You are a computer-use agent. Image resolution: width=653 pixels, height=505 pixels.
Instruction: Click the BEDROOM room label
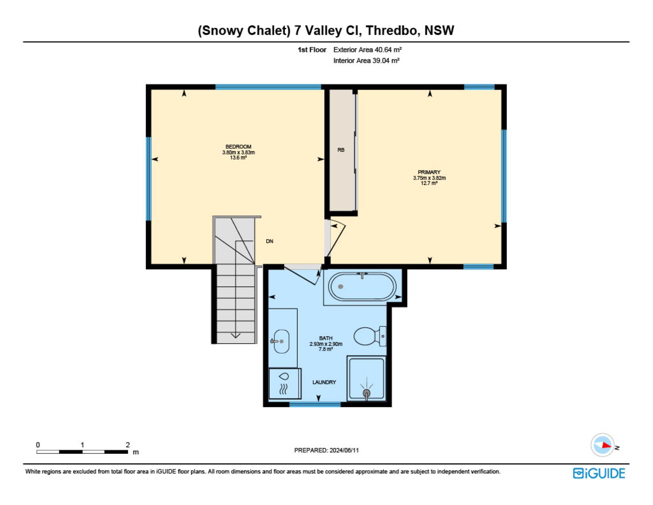[x=238, y=147]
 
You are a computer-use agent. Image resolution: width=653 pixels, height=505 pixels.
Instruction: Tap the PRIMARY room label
[x=429, y=172]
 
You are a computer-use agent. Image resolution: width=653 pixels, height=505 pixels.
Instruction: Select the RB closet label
[x=341, y=150]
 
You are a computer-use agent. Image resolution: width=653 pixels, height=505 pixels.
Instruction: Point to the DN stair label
[x=269, y=241]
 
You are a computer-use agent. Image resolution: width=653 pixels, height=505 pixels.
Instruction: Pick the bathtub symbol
[x=362, y=286]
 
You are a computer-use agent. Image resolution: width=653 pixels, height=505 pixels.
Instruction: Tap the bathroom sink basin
[x=281, y=341]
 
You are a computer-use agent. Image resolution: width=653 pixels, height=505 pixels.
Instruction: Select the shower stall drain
[x=367, y=393]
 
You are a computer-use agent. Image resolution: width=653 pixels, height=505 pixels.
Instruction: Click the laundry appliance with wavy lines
[x=285, y=383]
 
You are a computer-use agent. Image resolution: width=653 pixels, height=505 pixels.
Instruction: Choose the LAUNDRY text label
[x=324, y=382]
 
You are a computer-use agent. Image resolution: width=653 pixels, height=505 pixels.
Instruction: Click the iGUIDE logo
[x=599, y=473]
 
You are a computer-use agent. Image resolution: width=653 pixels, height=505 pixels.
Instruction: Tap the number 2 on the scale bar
[x=128, y=445]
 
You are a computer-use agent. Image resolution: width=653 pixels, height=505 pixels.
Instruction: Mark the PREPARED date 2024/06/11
[x=344, y=450]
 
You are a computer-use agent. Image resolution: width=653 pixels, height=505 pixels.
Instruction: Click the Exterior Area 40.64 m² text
[x=367, y=50]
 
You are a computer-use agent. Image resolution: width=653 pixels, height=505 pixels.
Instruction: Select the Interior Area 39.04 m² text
[x=366, y=61]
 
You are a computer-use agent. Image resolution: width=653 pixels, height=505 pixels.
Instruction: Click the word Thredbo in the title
[x=391, y=30]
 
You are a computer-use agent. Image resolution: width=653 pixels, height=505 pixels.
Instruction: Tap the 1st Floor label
[x=312, y=50]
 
